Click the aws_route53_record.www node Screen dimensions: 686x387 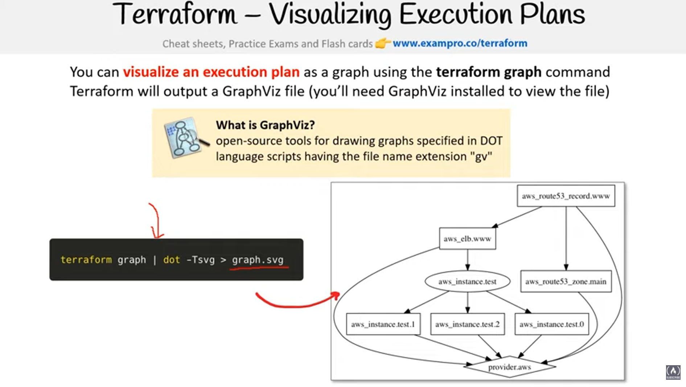pos(566,196)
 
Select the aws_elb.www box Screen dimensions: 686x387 pos(467,239)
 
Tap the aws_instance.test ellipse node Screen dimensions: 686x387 pos(467,281)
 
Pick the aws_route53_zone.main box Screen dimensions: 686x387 pos(566,281)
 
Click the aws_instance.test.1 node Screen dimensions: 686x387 pos(383,324)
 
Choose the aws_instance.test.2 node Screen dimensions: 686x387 pos(467,324)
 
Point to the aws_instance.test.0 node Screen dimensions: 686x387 pos(551,324)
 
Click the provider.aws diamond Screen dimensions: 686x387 pos(509,367)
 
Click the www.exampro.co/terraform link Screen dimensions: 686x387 pos(460,43)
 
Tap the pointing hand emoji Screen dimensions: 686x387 pos(382,44)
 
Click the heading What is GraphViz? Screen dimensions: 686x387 pos(265,125)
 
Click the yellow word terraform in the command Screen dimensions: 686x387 pos(86,260)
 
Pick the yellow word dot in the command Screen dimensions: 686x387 pos(172,260)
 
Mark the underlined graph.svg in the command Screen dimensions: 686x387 pos(258,260)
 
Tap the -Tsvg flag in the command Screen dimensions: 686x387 pos(200,260)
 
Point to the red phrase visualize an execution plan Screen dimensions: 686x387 pos(211,72)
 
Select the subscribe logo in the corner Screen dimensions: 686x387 pos(673,372)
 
